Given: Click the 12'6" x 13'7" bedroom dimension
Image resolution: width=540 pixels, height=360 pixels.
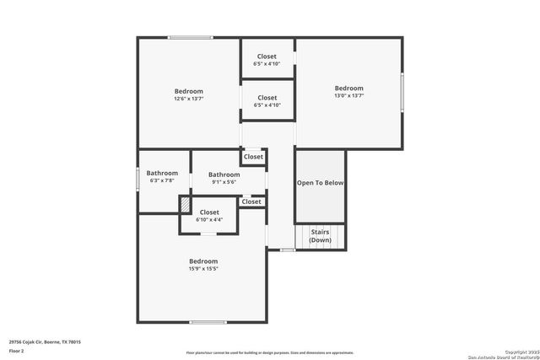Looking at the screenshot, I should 189,99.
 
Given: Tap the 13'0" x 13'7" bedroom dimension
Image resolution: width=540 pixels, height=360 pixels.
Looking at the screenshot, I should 348,96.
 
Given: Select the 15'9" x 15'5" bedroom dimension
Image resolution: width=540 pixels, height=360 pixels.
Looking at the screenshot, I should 203,269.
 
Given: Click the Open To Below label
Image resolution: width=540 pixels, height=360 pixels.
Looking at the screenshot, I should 320,183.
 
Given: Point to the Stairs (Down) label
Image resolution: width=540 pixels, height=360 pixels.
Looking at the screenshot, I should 321,235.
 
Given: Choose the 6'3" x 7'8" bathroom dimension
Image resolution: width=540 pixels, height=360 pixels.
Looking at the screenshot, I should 162,180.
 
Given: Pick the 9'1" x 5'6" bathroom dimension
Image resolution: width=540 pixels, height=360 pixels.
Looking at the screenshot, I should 224,182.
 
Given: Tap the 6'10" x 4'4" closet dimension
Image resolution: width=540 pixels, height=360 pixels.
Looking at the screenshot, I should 209,220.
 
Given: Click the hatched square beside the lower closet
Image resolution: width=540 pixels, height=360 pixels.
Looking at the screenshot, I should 184,205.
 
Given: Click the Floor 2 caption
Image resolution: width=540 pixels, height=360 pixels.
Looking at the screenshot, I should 17,351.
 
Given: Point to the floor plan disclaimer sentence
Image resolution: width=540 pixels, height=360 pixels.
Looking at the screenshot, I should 270,353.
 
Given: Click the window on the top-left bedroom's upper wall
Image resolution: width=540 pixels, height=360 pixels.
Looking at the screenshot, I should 189,37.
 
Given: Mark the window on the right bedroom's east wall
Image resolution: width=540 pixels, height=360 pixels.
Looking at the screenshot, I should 402,93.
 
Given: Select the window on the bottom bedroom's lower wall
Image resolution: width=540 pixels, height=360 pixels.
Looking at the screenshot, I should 208,322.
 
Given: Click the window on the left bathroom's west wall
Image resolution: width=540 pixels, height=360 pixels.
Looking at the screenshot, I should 138,180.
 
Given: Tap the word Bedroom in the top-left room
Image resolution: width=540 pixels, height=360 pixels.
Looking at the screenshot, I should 189,91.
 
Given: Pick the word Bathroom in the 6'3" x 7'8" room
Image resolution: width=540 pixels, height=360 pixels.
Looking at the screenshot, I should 162,173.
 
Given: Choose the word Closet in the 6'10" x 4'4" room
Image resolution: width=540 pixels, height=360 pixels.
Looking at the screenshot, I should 209,212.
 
